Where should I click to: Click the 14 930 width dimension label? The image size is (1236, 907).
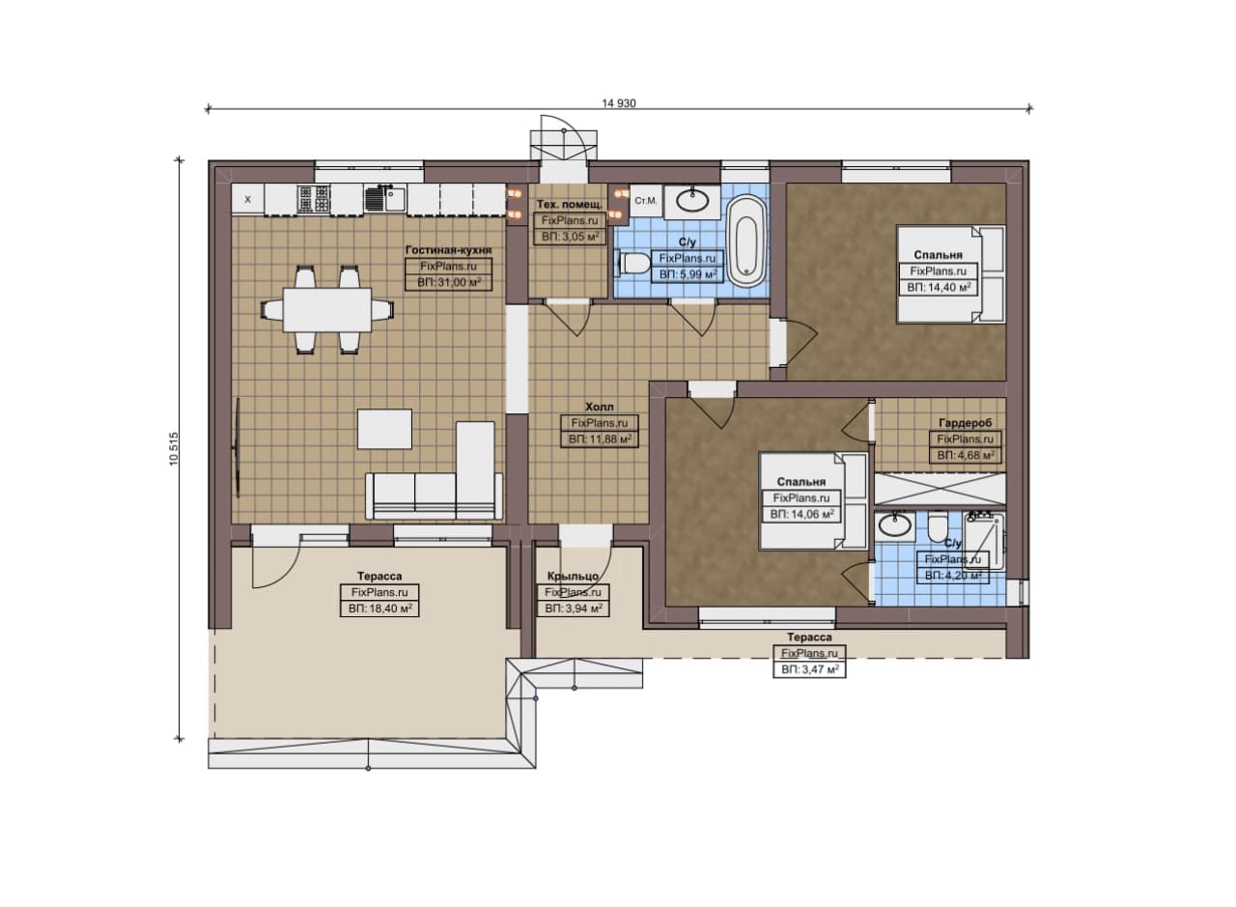[x=619, y=103]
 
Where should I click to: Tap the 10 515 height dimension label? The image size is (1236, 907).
[x=174, y=449]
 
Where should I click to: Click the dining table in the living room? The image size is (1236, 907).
[x=326, y=309]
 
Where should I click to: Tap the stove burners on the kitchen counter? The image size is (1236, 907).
[x=314, y=199]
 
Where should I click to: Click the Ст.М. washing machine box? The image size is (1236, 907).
[x=646, y=200]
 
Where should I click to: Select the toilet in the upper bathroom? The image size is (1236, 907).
[x=633, y=263]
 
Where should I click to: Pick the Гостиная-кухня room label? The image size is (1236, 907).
[x=448, y=250]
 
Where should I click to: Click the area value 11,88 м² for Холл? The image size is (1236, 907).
[x=600, y=439]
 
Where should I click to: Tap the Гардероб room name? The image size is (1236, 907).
[x=965, y=423]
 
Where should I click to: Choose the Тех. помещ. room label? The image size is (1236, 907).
[x=570, y=205]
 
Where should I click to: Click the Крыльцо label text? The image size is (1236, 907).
[x=574, y=577]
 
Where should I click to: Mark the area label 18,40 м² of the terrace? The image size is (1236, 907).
[x=379, y=609]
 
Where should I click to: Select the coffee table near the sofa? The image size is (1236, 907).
[x=384, y=429]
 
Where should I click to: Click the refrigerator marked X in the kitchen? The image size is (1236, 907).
[x=248, y=199]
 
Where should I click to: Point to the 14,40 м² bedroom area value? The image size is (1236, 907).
[x=939, y=288]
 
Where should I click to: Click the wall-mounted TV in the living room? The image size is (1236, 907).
[x=239, y=447]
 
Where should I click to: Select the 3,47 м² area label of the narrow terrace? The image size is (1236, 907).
[x=809, y=670]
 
